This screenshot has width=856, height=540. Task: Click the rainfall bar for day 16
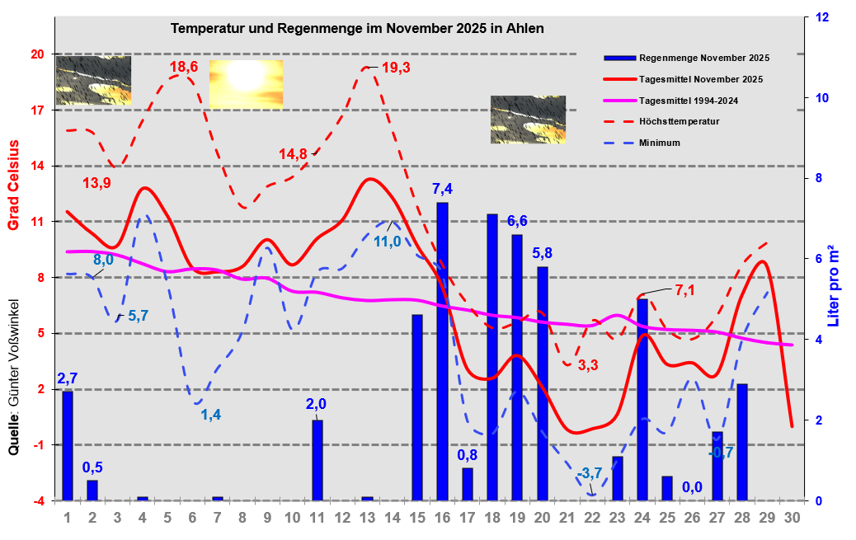pos(442,351)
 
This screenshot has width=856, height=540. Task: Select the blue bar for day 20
pos(542,383)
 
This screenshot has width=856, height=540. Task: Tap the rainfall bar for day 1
pos(68,445)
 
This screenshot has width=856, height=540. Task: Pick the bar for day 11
pos(317,460)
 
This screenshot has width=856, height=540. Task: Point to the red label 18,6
pos(184,67)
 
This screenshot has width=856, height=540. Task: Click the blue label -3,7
pos(591,473)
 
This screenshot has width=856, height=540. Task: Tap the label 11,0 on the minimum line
pos(387,242)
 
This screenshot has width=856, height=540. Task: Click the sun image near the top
pos(246,84)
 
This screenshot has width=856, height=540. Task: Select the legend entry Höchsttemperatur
pos(679,121)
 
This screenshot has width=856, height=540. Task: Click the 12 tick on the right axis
pos(821,17)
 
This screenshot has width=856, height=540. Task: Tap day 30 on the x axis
pos(792,518)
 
